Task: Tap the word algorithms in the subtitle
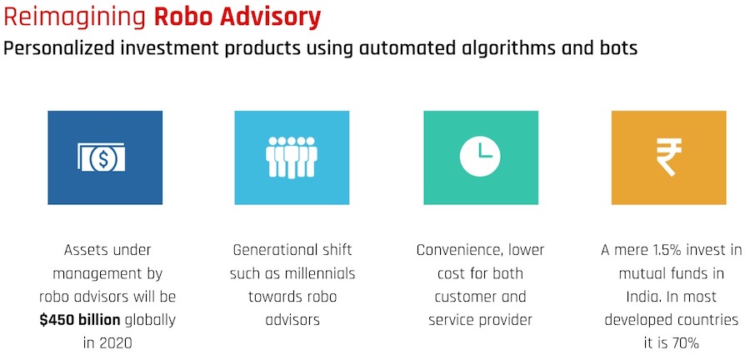[492, 48]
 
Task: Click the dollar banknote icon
[105, 157]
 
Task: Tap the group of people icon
[292, 157]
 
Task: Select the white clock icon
[481, 157]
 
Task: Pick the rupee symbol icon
[668, 157]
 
